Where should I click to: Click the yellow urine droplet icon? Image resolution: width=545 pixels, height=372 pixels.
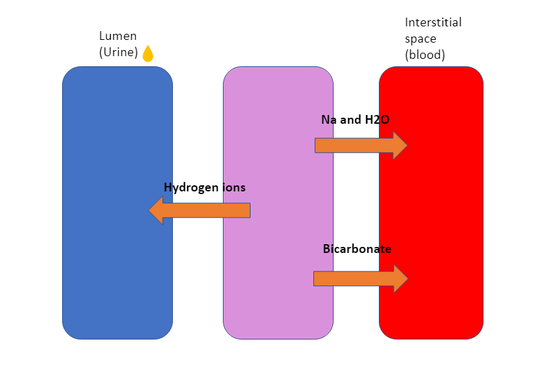pos(148,54)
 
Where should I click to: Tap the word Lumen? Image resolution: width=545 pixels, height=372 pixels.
pos(118,36)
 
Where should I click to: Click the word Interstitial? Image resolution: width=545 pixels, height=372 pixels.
pos(433,22)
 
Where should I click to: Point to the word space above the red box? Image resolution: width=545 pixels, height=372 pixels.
pos(421,39)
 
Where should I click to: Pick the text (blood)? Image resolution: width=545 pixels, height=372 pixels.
pos(425,55)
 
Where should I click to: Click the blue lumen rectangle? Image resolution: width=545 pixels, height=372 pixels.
pos(117,271)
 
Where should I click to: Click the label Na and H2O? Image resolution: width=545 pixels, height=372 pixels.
pos(355,120)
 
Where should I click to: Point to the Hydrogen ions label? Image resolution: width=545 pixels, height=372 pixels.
pos(204,187)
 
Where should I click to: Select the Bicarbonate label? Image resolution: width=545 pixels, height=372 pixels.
pos(357,249)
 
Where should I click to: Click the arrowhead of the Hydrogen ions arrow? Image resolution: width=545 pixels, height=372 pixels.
pos(157,210)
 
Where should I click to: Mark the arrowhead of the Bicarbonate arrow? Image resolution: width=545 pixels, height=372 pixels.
pos(400,278)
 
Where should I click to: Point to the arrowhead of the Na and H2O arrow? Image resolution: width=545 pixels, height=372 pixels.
pos(400,145)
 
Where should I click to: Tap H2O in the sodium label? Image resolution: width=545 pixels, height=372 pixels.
pos(377,120)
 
